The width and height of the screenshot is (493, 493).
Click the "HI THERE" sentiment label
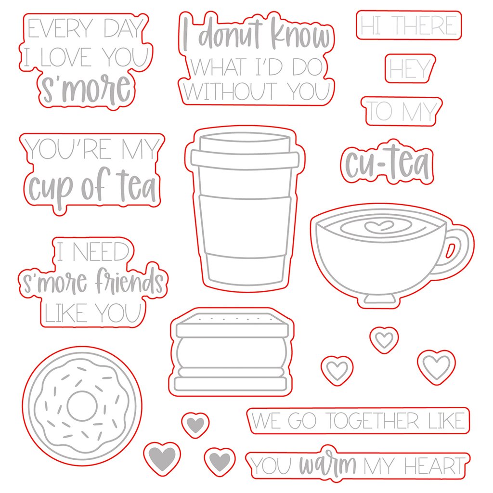(x=409, y=25)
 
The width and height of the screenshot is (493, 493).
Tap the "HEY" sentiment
(x=410, y=68)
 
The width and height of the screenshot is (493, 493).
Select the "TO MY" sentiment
(x=402, y=111)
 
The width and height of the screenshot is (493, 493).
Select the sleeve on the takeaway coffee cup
(x=245, y=225)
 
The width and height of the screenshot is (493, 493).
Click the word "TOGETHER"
(x=372, y=421)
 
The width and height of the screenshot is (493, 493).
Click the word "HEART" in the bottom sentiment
(x=434, y=466)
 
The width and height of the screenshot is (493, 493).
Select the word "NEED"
(x=101, y=252)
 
